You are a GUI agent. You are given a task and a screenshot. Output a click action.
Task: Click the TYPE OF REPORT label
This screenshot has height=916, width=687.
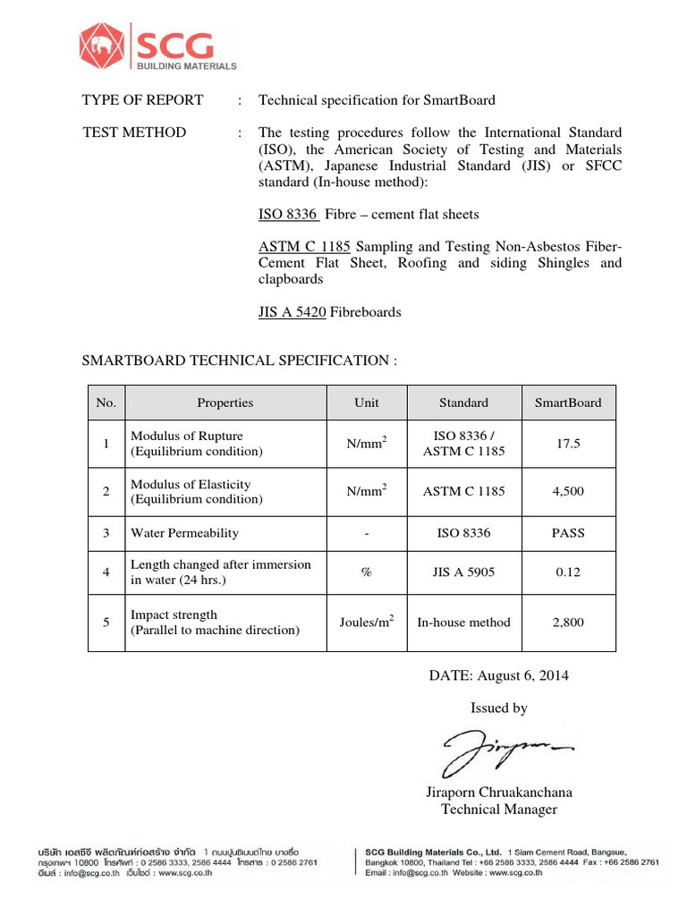click(x=143, y=100)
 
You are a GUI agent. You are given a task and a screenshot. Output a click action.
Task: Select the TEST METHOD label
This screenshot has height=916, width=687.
click(x=134, y=132)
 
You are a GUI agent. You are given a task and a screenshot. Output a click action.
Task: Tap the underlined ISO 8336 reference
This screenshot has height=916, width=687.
click(x=287, y=215)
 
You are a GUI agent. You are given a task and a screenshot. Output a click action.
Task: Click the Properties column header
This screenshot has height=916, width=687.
click(x=225, y=403)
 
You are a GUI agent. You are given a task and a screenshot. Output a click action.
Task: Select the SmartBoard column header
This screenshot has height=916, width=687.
click(x=568, y=403)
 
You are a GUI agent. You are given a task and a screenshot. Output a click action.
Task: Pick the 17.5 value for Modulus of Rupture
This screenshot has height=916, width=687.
click(x=568, y=444)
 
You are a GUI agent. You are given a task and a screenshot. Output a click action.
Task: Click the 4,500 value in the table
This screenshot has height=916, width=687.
click(x=568, y=491)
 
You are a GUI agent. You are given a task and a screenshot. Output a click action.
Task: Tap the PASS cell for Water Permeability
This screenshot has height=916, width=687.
click(x=568, y=533)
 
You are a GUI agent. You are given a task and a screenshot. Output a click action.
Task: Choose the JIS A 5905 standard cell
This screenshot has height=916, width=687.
click(x=463, y=572)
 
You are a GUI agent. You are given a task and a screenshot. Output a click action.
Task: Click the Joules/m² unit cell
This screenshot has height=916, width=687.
click(x=367, y=623)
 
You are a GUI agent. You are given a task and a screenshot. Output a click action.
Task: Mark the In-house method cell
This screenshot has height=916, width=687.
click(x=463, y=623)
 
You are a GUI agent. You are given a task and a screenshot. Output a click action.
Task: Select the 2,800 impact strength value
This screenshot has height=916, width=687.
click(x=568, y=623)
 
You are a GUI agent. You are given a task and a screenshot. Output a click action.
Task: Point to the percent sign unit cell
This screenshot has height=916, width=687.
click(x=366, y=572)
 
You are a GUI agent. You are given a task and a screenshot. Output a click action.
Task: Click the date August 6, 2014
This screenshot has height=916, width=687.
click(x=499, y=675)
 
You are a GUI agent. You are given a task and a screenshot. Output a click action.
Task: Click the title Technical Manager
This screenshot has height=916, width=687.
click(x=499, y=810)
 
